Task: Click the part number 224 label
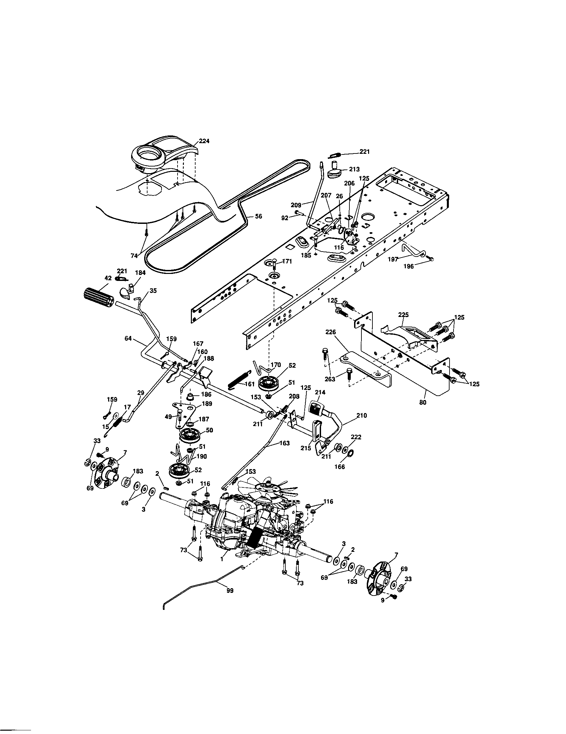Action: coord(204,141)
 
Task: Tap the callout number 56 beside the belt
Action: coord(258,217)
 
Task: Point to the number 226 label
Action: coord(331,332)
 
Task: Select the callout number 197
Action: coord(393,259)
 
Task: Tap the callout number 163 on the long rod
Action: coord(284,443)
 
